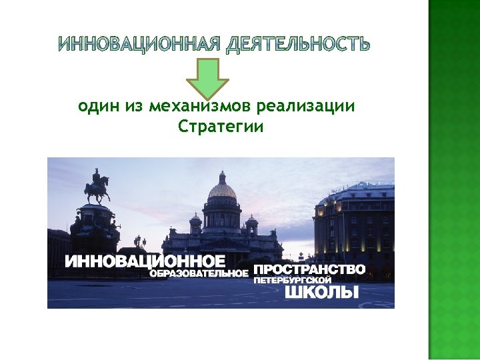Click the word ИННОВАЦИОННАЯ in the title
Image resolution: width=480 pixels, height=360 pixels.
click(x=138, y=45)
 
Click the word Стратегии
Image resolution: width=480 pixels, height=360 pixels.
click(x=221, y=126)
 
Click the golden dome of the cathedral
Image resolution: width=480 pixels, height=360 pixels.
click(x=222, y=189)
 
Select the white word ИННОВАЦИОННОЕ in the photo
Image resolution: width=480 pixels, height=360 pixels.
click(x=145, y=261)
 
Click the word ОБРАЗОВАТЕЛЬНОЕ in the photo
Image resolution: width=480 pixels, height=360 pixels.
click(x=199, y=273)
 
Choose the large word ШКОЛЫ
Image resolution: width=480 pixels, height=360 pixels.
click(x=322, y=292)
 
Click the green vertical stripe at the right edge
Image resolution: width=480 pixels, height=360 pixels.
click(x=454, y=180)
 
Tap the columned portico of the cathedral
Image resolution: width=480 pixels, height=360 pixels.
click(x=221, y=219)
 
